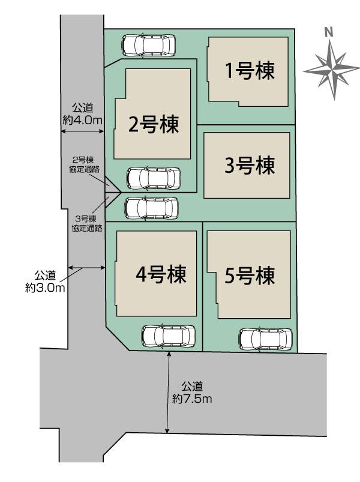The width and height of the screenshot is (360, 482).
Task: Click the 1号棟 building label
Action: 250,71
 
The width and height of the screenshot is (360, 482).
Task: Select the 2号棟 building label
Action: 153,124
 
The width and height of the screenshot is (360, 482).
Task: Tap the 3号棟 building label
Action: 250,165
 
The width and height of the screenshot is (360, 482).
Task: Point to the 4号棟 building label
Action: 161,274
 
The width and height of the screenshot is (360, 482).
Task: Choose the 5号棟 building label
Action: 250,276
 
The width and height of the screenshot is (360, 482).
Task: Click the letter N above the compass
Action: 329,32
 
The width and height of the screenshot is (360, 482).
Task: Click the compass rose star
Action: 332,70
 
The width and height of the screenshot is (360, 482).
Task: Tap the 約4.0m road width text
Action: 82,120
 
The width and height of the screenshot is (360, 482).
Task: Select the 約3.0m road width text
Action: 45,288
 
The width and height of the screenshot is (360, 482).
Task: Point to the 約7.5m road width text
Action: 192,399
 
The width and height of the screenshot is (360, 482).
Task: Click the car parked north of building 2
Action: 149,46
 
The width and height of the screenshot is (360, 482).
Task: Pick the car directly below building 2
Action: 154,178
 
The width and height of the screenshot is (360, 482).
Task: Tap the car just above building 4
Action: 151,208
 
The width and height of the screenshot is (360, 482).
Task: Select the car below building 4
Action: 169,336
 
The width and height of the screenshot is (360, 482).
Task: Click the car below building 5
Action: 265,340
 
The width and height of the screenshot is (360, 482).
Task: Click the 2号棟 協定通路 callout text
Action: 84,164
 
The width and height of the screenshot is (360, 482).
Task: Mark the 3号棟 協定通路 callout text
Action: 86,223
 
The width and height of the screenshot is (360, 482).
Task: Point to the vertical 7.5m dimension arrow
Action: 169,393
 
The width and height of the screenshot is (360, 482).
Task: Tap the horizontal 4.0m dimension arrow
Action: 82,131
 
